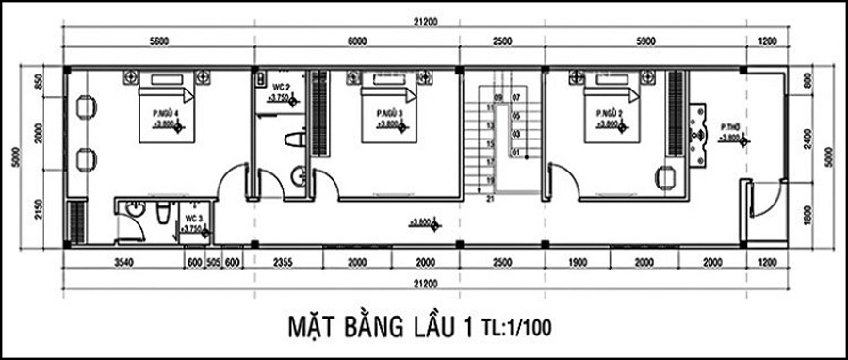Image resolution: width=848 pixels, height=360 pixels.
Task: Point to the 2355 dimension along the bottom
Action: point(287,263)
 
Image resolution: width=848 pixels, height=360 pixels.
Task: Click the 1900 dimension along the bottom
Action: point(578,263)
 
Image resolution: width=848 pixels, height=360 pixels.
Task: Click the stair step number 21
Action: point(489,200)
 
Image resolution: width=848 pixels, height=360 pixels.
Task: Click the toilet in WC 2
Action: point(292,140)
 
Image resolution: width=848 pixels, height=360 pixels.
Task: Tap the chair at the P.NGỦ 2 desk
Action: point(667,175)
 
